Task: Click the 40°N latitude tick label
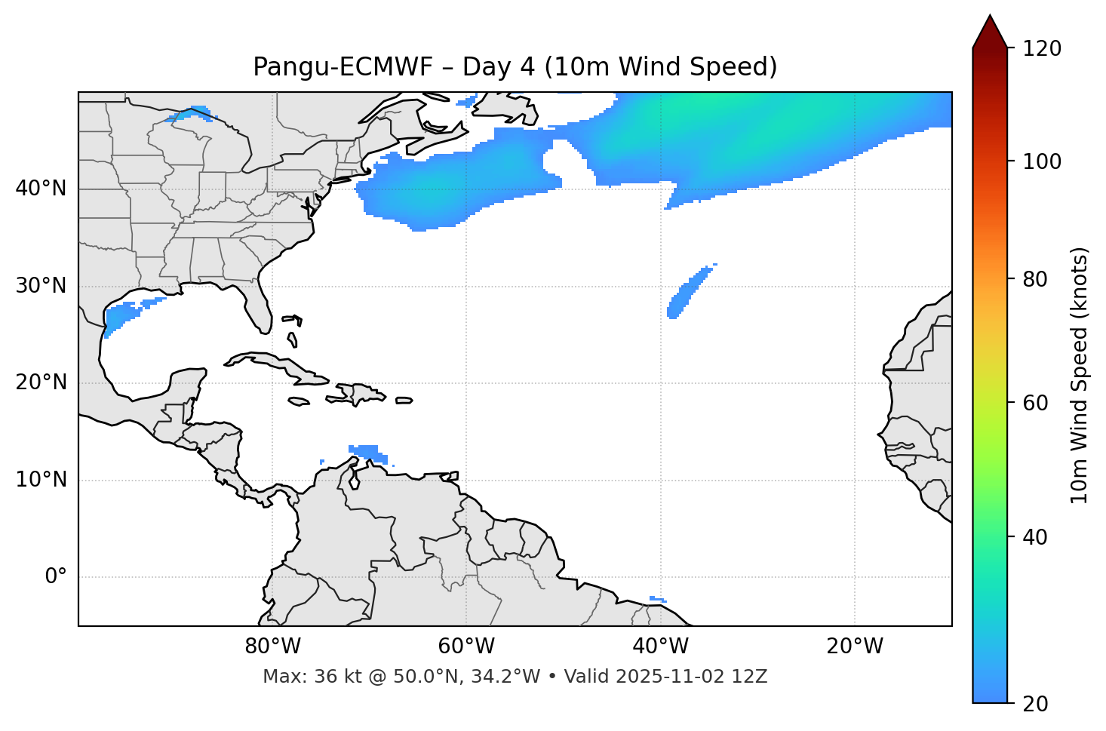point(41,189)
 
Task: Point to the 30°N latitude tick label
point(41,286)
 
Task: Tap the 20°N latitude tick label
point(41,382)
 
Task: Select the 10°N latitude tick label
point(41,480)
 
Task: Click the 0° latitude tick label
point(56,577)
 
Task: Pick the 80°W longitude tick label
point(272,647)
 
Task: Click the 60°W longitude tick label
point(466,647)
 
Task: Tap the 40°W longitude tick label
point(660,647)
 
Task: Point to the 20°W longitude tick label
point(854,647)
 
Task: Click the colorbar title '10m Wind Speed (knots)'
point(1080,375)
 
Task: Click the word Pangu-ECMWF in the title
point(343,67)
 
